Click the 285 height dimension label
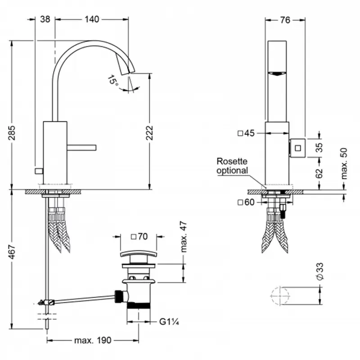pyautogui.click(x=12, y=133)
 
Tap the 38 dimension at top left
pyautogui.click(x=45, y=19)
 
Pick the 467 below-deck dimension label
pyautogui.click(x=12, y=255)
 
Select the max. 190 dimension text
pyautogui.click(x=93, y=340)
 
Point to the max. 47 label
pyautogui.click(x=183, y=238)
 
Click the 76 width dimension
pyautogui.click(x=284, y=19)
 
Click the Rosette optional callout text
pyautogui.click(x=232, y=165)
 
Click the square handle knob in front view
pyautogui.click(x=297, y=147)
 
